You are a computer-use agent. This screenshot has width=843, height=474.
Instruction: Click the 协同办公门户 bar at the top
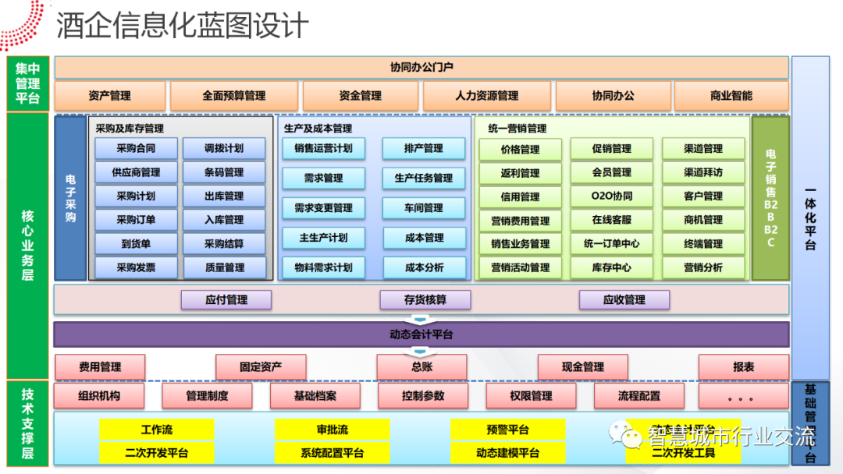[x=421, y=67]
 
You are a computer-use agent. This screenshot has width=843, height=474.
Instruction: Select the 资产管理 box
[x=109, y=96]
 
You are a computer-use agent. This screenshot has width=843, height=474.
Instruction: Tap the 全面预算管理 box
[x=234, y=96]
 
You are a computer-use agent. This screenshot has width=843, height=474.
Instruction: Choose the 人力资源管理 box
[x=487, y=96]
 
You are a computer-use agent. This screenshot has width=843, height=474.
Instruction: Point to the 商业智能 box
[x=731, y=96]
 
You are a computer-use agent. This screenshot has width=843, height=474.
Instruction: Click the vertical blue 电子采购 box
[x=70, y=198]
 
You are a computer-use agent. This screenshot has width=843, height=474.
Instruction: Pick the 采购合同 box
[x=136, y=148]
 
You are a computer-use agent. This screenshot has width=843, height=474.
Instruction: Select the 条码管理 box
[x=224, y=172]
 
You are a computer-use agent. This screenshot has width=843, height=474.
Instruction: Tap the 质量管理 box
[x=224, y=267]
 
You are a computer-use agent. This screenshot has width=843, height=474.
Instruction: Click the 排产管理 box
[x=424, y=148]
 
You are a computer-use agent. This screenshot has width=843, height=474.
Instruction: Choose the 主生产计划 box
[x=323, y=238]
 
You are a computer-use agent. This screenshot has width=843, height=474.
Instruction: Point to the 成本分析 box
[x=424, y=267]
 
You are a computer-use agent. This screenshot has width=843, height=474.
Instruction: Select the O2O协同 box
[x=612, y=196]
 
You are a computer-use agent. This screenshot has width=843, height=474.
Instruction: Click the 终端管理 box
[x=703, y=244]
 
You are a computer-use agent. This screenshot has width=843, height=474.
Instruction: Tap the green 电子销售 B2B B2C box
[x=770, y=198]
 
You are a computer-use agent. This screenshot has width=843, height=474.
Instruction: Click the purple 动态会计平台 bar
[x=421, y=334]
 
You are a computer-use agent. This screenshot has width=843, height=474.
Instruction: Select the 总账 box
[x=421, y=366]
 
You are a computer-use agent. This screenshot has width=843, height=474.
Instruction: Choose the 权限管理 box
[x=531, y=396]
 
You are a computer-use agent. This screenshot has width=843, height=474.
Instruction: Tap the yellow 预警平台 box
[x=507, y=430]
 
